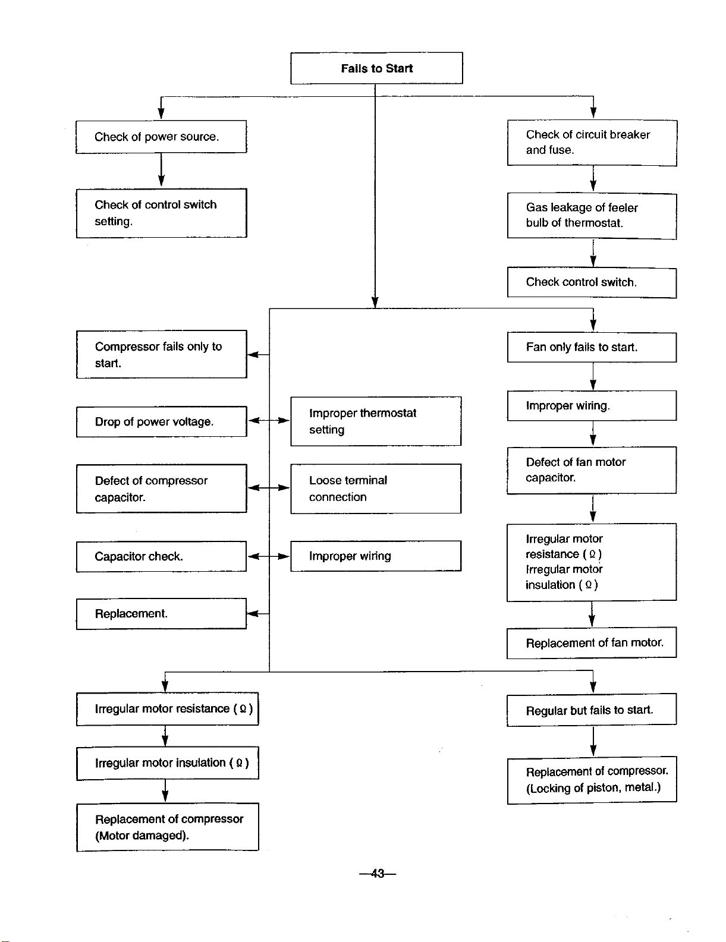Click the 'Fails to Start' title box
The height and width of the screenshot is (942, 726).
[376, 68]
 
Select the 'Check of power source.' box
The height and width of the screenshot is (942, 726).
[161, 137]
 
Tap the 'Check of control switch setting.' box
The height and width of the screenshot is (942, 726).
[161, 213]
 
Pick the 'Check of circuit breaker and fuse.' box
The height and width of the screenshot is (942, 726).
[592, 143]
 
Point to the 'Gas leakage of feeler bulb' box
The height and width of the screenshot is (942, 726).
[592, 216]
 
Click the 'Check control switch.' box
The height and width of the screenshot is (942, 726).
[592, 283]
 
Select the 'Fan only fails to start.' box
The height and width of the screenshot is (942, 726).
[592, 347]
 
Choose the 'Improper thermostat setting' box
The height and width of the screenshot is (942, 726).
[376, 421]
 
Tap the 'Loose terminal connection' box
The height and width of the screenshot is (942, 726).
[376, 489]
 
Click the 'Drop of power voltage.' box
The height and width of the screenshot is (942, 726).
[161, 421]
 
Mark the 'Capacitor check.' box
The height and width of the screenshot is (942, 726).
[161, 556]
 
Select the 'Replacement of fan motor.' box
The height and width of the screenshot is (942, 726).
[592, 642]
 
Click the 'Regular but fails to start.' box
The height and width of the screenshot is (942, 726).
[592, 710]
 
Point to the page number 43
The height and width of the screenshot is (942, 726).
[378, 873]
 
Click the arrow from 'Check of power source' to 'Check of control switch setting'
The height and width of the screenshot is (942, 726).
[161, 169]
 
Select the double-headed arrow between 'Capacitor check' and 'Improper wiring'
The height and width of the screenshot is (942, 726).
[269, 556]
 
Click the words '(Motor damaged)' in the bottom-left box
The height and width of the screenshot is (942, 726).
[142, 836]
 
